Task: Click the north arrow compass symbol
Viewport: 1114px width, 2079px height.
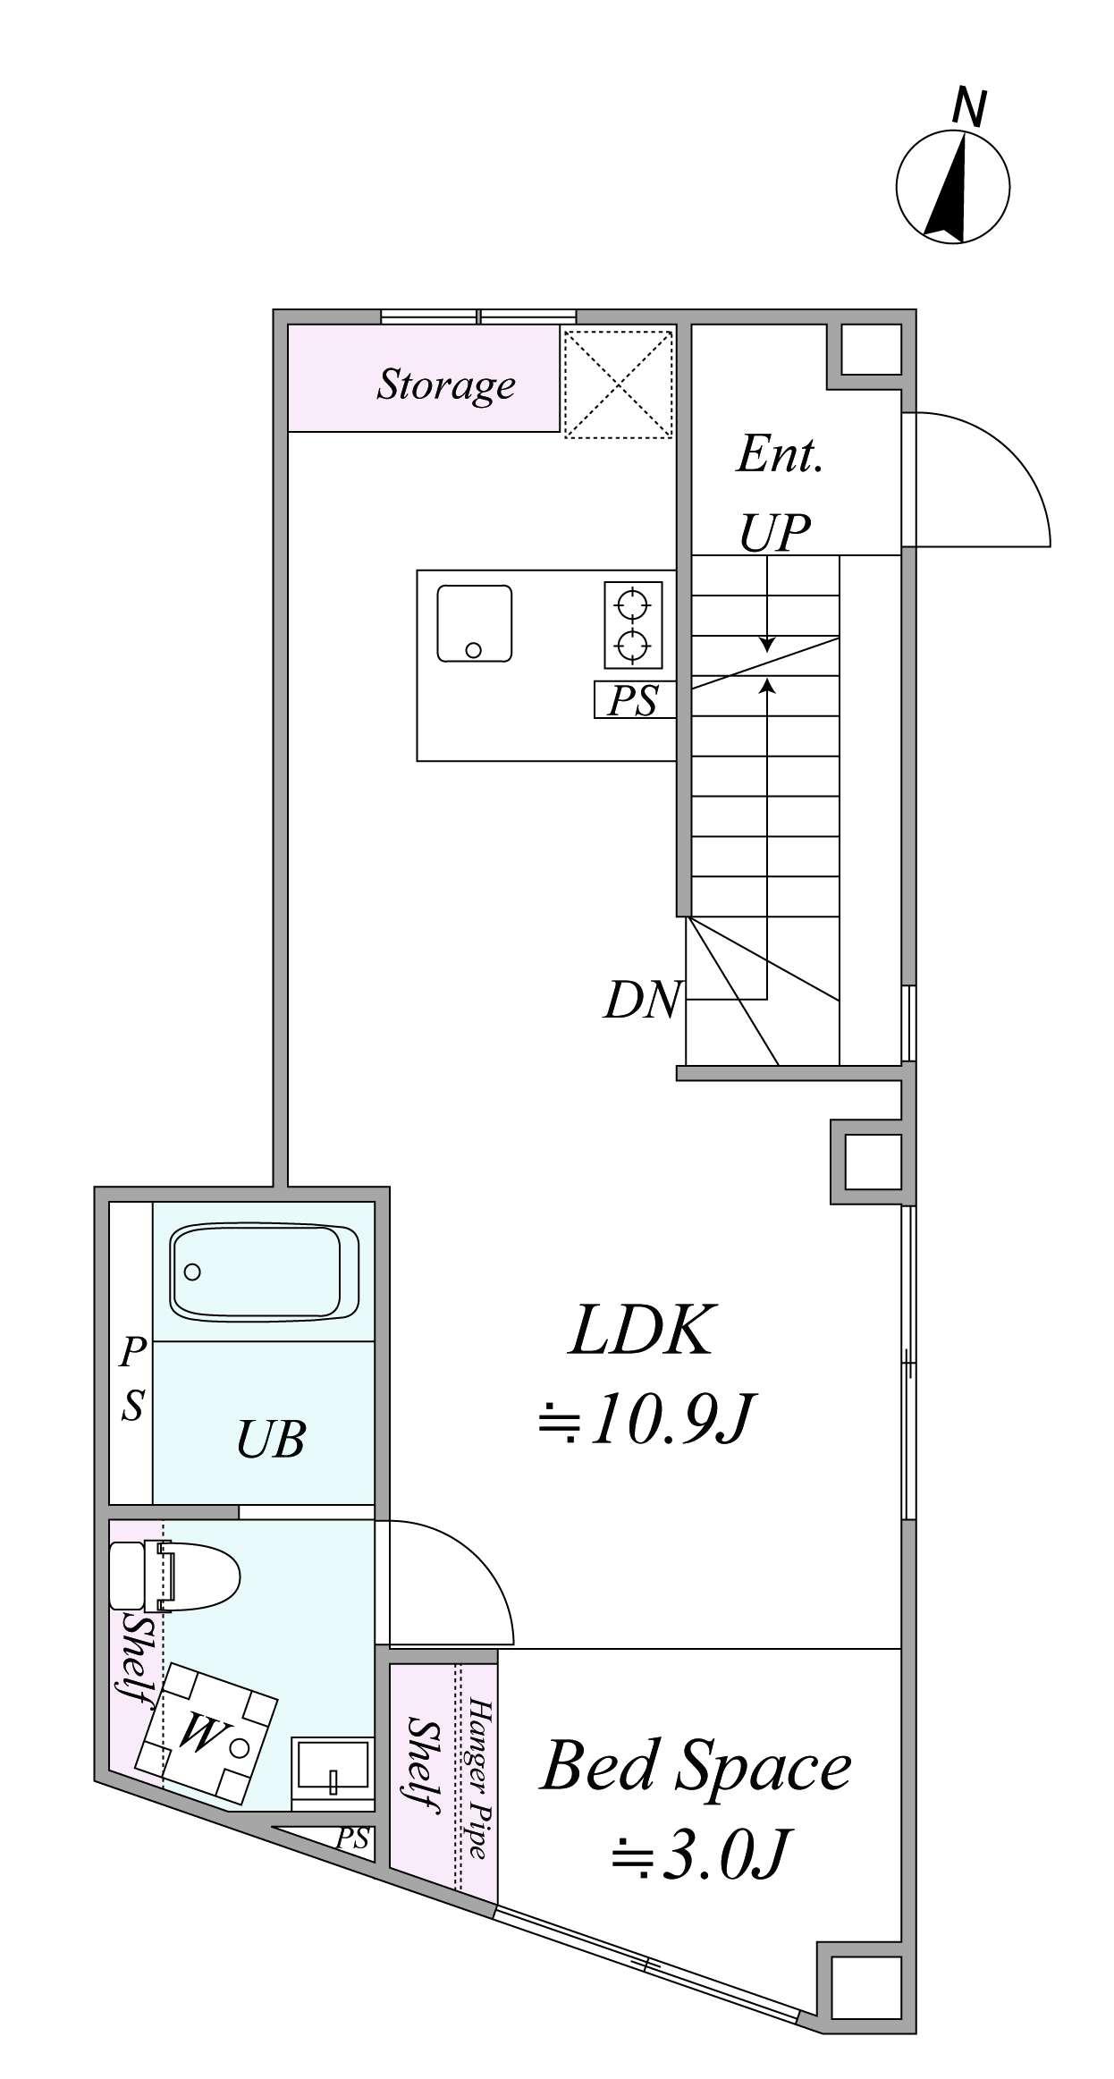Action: (953, 186)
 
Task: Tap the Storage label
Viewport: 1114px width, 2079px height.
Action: (446, 385)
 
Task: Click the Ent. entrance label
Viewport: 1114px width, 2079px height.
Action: (779, 455)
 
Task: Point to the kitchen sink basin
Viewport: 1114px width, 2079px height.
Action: (475, 623)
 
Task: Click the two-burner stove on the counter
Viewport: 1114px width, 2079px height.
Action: (633, 624)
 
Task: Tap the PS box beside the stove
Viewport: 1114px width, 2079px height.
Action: (633, 700)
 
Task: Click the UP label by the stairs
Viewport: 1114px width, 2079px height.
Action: (774, 534)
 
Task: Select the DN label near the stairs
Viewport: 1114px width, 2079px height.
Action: (643, 1000)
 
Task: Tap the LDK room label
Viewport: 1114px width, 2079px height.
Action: (643, 1332)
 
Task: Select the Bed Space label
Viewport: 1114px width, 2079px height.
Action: (696, 1767)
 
